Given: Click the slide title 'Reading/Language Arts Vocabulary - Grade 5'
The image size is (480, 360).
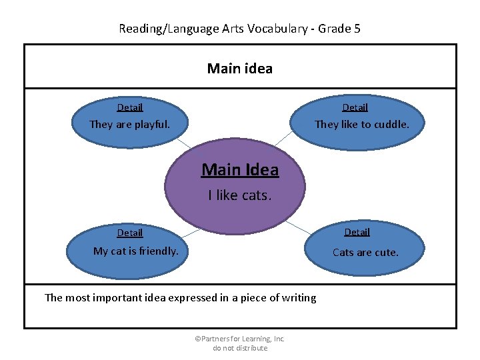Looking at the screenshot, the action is (239, 29).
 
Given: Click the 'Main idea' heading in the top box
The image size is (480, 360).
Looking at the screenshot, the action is (239, 68).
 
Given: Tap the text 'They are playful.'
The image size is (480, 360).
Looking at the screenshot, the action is (129, 124).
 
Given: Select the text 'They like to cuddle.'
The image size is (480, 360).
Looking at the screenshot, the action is (361, 124).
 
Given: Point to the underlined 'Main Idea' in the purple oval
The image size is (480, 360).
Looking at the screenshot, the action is (240, 170).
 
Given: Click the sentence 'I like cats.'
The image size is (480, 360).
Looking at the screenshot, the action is (239, 195).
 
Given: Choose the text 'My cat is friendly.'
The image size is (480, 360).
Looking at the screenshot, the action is (135, 251).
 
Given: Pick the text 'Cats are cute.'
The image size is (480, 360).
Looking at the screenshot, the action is (365, 252).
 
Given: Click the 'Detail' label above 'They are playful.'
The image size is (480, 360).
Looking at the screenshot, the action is (130, 107).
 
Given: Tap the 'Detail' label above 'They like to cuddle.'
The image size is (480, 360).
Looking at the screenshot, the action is (355, 107).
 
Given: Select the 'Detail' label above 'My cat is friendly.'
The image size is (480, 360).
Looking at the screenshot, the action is (130, 233).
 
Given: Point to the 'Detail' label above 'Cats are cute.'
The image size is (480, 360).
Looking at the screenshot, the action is (357, 232).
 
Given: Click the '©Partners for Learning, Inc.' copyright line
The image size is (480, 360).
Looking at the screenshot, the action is (239, 339).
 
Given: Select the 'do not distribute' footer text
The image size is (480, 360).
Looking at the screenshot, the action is (239, 348).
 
